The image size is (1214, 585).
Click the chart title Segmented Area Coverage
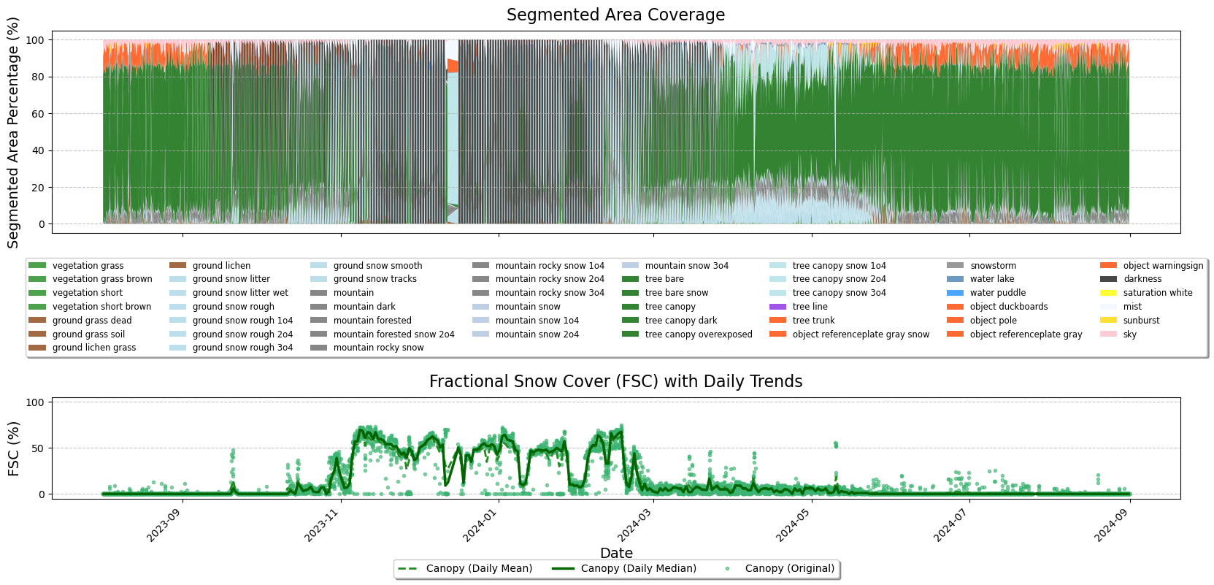coord(615,15)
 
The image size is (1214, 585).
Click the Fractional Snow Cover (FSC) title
coord(615,382)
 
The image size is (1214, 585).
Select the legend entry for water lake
coord(991,279)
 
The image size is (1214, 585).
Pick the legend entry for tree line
coord(810,307)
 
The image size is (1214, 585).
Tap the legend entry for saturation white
coord(1157,293)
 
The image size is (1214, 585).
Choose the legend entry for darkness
coord(1142,279)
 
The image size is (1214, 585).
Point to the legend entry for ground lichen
coord(221,266)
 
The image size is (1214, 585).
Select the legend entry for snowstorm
coord(993,266)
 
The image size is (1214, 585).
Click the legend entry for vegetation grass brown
coord(102,279)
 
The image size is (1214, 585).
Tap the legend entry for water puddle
coord(997,293)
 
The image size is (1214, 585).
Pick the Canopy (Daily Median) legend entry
coord(638,569)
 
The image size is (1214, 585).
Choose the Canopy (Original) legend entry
coord(789,569)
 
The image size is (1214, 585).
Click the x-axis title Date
coord(616,553)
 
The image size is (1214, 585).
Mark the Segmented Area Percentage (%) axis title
coord(13,133)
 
